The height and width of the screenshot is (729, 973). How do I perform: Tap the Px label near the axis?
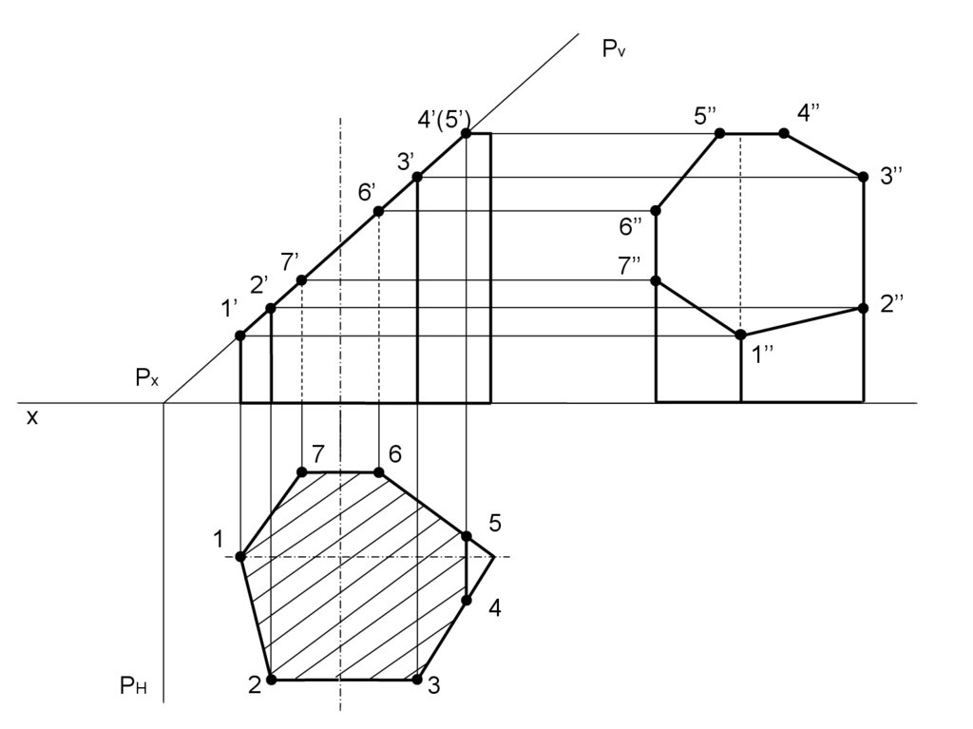[146, 378]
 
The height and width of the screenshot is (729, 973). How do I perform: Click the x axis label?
[31, 416]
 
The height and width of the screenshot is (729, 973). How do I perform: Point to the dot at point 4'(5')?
[467, 134]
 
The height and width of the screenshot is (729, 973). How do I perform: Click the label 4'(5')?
[444, 119]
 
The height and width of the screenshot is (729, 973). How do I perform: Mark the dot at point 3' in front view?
[417, 177]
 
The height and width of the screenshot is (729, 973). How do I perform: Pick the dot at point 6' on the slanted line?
[378, 211]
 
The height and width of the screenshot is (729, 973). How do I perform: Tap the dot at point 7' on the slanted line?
[301, 280]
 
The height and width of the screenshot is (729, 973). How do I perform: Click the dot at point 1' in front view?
[240, 336]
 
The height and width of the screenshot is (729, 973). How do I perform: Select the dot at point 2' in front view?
[271, 308]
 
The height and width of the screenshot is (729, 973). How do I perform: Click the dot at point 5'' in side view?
[719, 133]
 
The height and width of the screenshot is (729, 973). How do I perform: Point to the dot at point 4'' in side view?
[784, 134]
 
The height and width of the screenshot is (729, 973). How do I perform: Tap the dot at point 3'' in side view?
[863, 177]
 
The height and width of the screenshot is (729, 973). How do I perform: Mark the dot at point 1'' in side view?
[740, 335]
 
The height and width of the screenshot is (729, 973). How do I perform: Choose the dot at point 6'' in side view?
[656, 210]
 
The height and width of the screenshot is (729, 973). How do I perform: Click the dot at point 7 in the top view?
[302, 471]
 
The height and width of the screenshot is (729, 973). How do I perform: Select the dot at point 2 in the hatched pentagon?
[271, 680]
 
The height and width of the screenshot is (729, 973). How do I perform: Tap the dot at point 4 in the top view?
[467, 600]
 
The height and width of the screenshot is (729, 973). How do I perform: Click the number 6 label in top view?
[395, 454]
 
